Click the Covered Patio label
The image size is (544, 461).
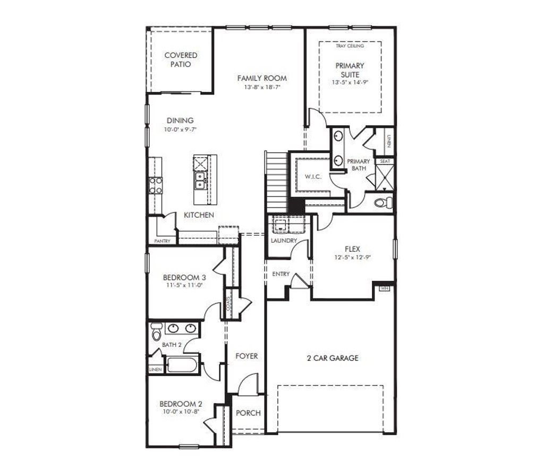(x=181, y=59)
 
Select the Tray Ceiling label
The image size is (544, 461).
(x=350, y=46)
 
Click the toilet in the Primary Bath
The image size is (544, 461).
(x=384, y=202)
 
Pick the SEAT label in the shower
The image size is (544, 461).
(x=384, y=161)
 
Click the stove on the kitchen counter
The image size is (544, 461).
(x=156, y=185)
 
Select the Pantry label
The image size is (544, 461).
(x=162, y=241)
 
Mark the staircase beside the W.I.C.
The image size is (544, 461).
(x=276, y=181)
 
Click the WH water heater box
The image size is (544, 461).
(x=384, y=288)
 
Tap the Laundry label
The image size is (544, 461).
(x=284, y=241)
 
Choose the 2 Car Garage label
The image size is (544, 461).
(x=333, y=358)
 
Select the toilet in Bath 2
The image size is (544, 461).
(x=156, y=332)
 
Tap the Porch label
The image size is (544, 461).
(x=248, y=413)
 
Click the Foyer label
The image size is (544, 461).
(x=246, y=356)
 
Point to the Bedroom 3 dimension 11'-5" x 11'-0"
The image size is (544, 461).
(x=184, y=285)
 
